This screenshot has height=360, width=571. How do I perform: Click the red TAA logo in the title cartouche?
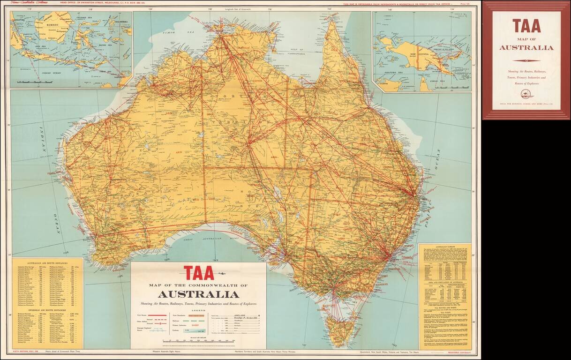point(198,273)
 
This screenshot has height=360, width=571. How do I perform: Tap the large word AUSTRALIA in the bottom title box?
point(198,294)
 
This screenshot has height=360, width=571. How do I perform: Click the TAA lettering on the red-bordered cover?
point(526,26)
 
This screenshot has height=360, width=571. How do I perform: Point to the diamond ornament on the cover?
point(526,60)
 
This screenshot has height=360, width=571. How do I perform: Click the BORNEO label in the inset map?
point(53,22)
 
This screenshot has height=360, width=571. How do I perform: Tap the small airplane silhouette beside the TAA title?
point(221,274)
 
